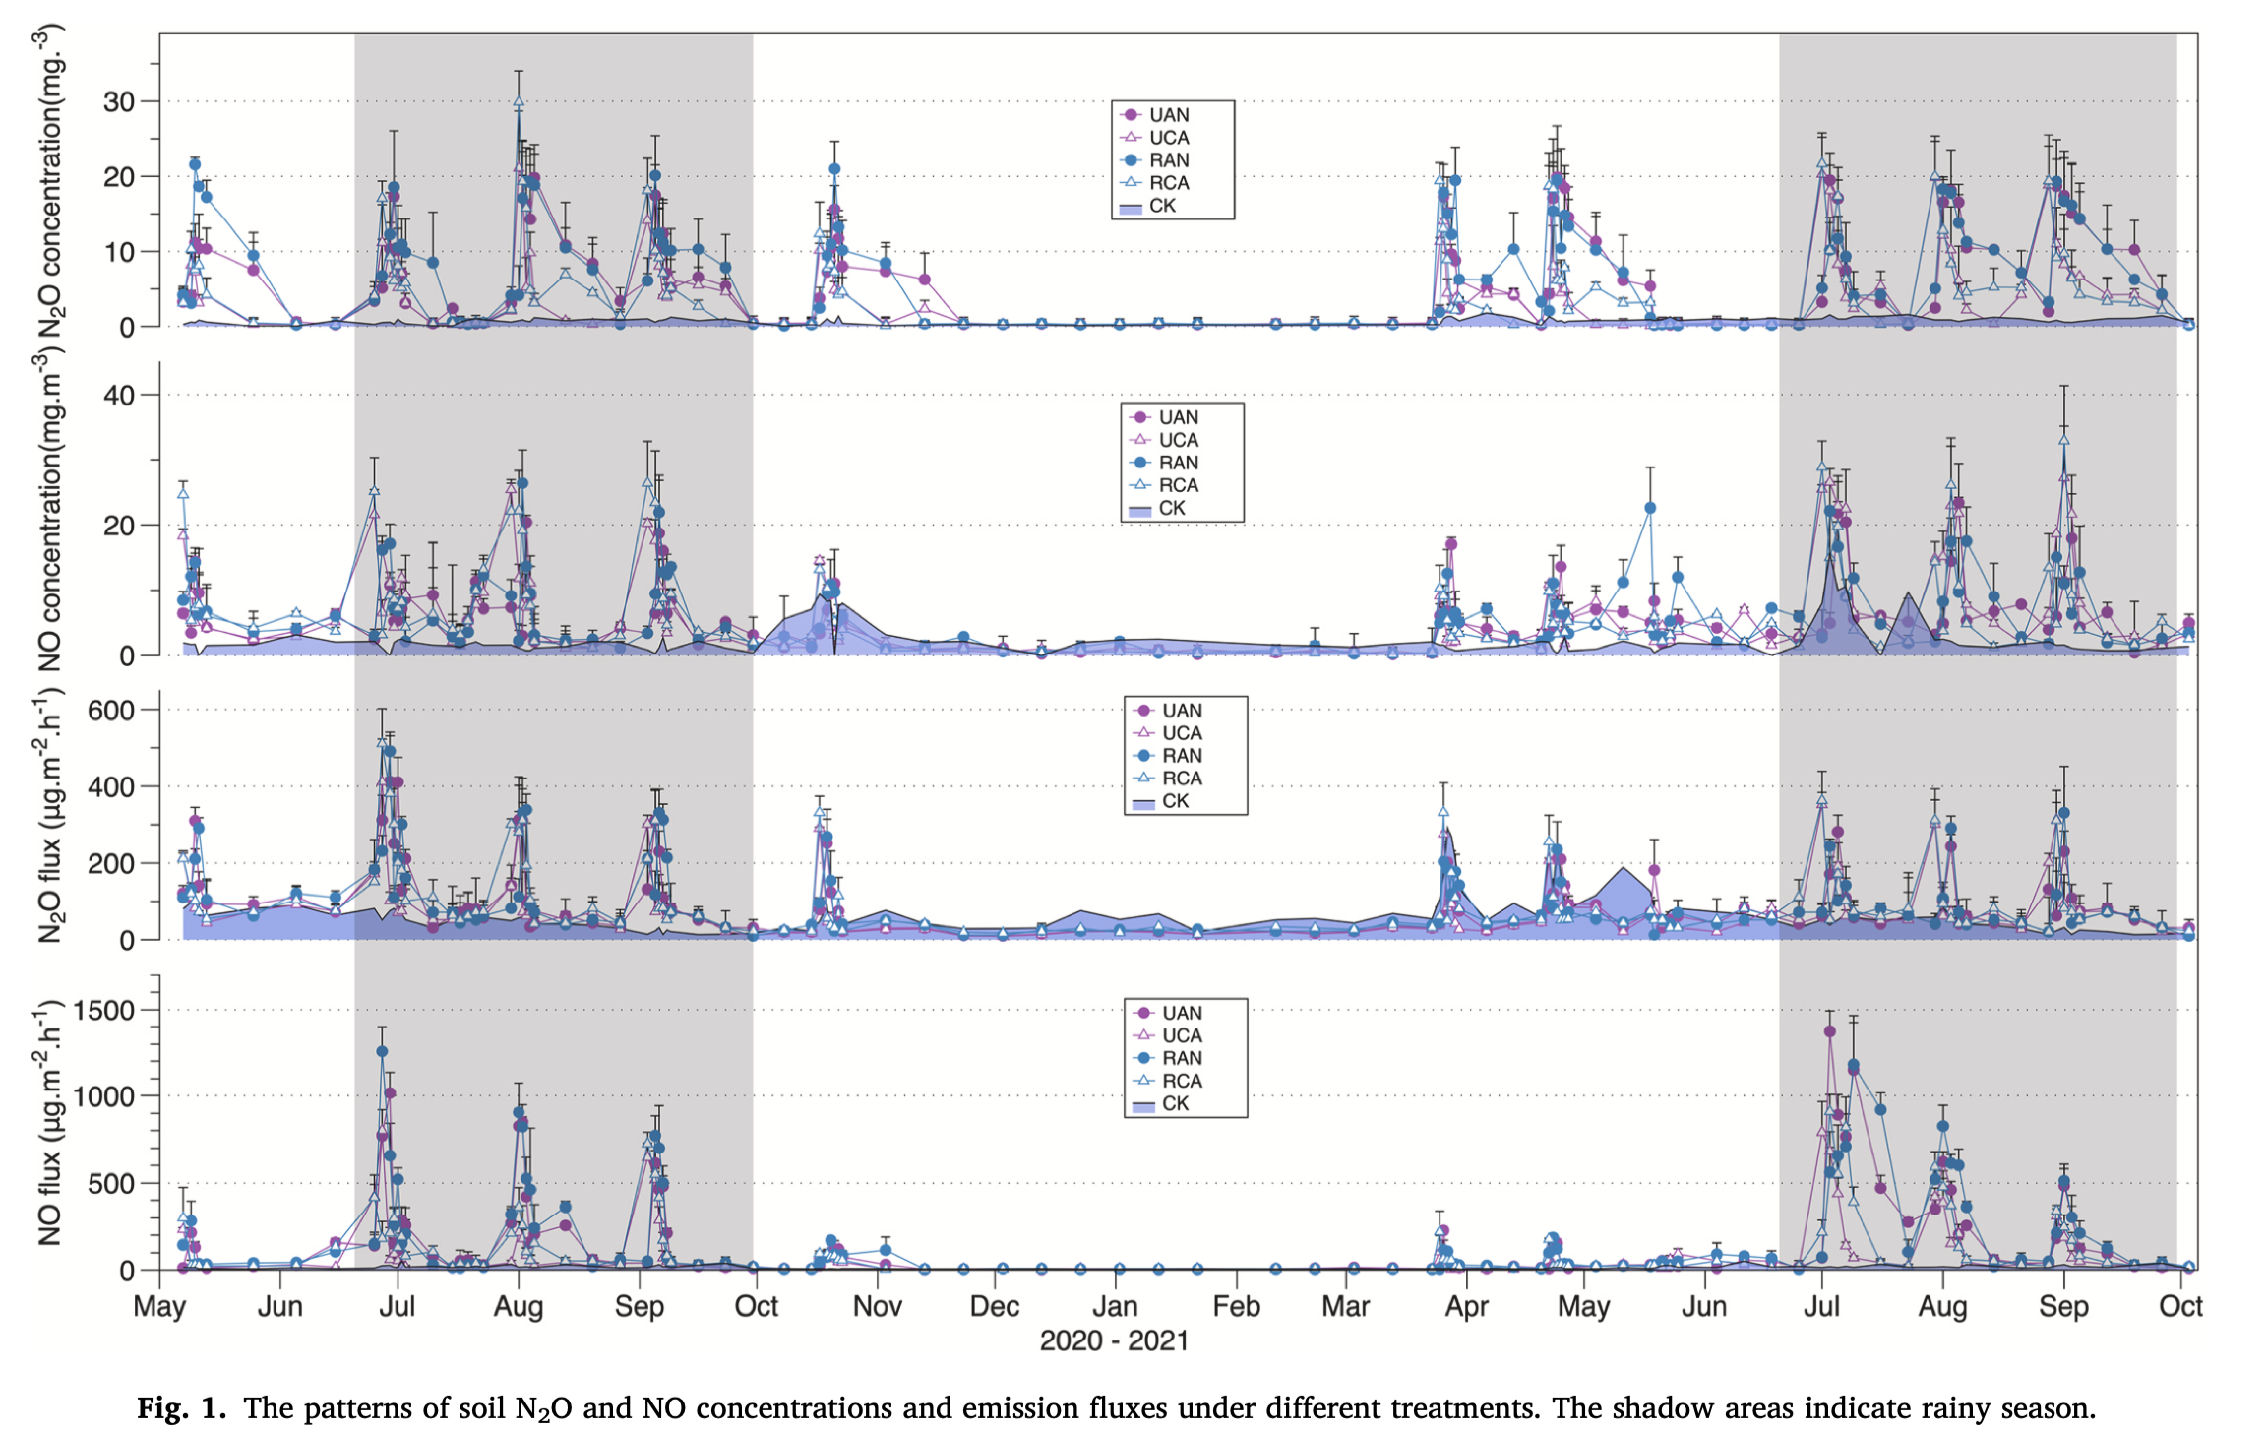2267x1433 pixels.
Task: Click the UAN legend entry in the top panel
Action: pyautogui.click(x=1168, y=115)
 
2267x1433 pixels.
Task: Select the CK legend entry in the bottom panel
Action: pyautogui.click(x=1175, y=1103)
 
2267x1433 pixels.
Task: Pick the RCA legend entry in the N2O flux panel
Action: pyautogui.click(x=1181, y=779)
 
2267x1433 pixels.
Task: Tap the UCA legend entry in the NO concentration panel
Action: pyautogui.click(x=1178, y=440)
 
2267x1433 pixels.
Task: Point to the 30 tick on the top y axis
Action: pyautogui.click(x=118, y=101)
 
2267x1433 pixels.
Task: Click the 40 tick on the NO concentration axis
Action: pyautogui.click(x=118, y=395)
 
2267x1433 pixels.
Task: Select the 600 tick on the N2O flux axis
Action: pyautogui.click(x=110, y=710)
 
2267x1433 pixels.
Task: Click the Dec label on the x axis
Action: pyautogui.click(x=994, y=1307)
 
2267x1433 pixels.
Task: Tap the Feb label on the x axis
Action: pyautogui.click(x=1236, y=1307)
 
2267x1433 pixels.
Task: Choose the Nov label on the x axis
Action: pyautogui.click(x=877, y=1307)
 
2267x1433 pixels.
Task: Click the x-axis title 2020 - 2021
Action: pyautogui.click(x=1114, y=1340)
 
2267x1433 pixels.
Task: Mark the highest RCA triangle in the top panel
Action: pyautogui.click(x=519, y=101)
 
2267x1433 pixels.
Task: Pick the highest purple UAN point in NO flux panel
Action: pyautogui.click(x=1830, y=1031)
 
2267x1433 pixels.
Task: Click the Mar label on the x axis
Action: pyautogui.click(x=1345, y=1307)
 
